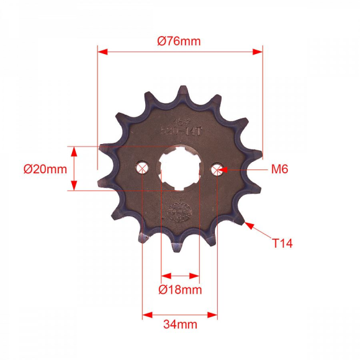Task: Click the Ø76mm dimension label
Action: point(179,41)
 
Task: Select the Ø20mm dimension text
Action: point(45,169)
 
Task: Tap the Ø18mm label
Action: point(180,290)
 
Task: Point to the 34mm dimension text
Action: point(180,324)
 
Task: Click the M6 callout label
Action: point(279,169)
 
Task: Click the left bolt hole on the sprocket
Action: point(143,168)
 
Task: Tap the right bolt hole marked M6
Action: point(217,169)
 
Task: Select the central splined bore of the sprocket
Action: point(180,168)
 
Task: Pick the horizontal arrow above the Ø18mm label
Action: point(180,275)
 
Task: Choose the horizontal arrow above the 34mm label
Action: point(180,315)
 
